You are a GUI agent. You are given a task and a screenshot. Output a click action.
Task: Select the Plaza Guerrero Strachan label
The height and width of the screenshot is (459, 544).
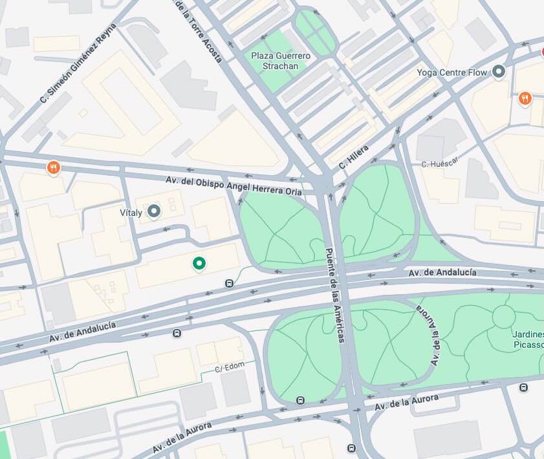pos(281,61)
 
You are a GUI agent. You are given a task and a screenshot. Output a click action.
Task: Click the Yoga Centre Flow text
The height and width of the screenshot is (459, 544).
pos(452,72)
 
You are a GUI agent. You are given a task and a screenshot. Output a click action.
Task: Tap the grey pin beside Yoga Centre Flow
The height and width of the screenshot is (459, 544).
pos(499,72)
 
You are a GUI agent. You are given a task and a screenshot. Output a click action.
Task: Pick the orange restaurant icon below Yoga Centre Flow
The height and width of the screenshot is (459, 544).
pos(525,98)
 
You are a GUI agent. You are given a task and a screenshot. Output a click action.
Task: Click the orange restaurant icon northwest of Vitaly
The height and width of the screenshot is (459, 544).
pos(54,168)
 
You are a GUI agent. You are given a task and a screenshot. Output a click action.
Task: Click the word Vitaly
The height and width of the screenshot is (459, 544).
pos(131,211)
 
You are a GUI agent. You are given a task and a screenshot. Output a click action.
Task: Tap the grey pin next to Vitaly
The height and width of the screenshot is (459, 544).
pos(154,211)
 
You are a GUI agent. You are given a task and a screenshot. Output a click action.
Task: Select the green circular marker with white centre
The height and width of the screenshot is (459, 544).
pos(199,262)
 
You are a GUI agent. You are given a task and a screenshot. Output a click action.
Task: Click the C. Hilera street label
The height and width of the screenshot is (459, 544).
pos(353,157)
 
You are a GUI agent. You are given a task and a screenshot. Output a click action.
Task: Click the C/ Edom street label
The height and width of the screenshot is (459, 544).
pos(228,368)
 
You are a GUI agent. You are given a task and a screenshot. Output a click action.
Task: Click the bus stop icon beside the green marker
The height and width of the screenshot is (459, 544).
pos(229,283)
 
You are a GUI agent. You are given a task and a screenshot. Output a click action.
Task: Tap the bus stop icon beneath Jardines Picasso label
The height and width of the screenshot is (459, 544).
pos(523,387)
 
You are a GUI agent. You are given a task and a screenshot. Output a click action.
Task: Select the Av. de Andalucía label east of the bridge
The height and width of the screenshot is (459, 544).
pos(442,273)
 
